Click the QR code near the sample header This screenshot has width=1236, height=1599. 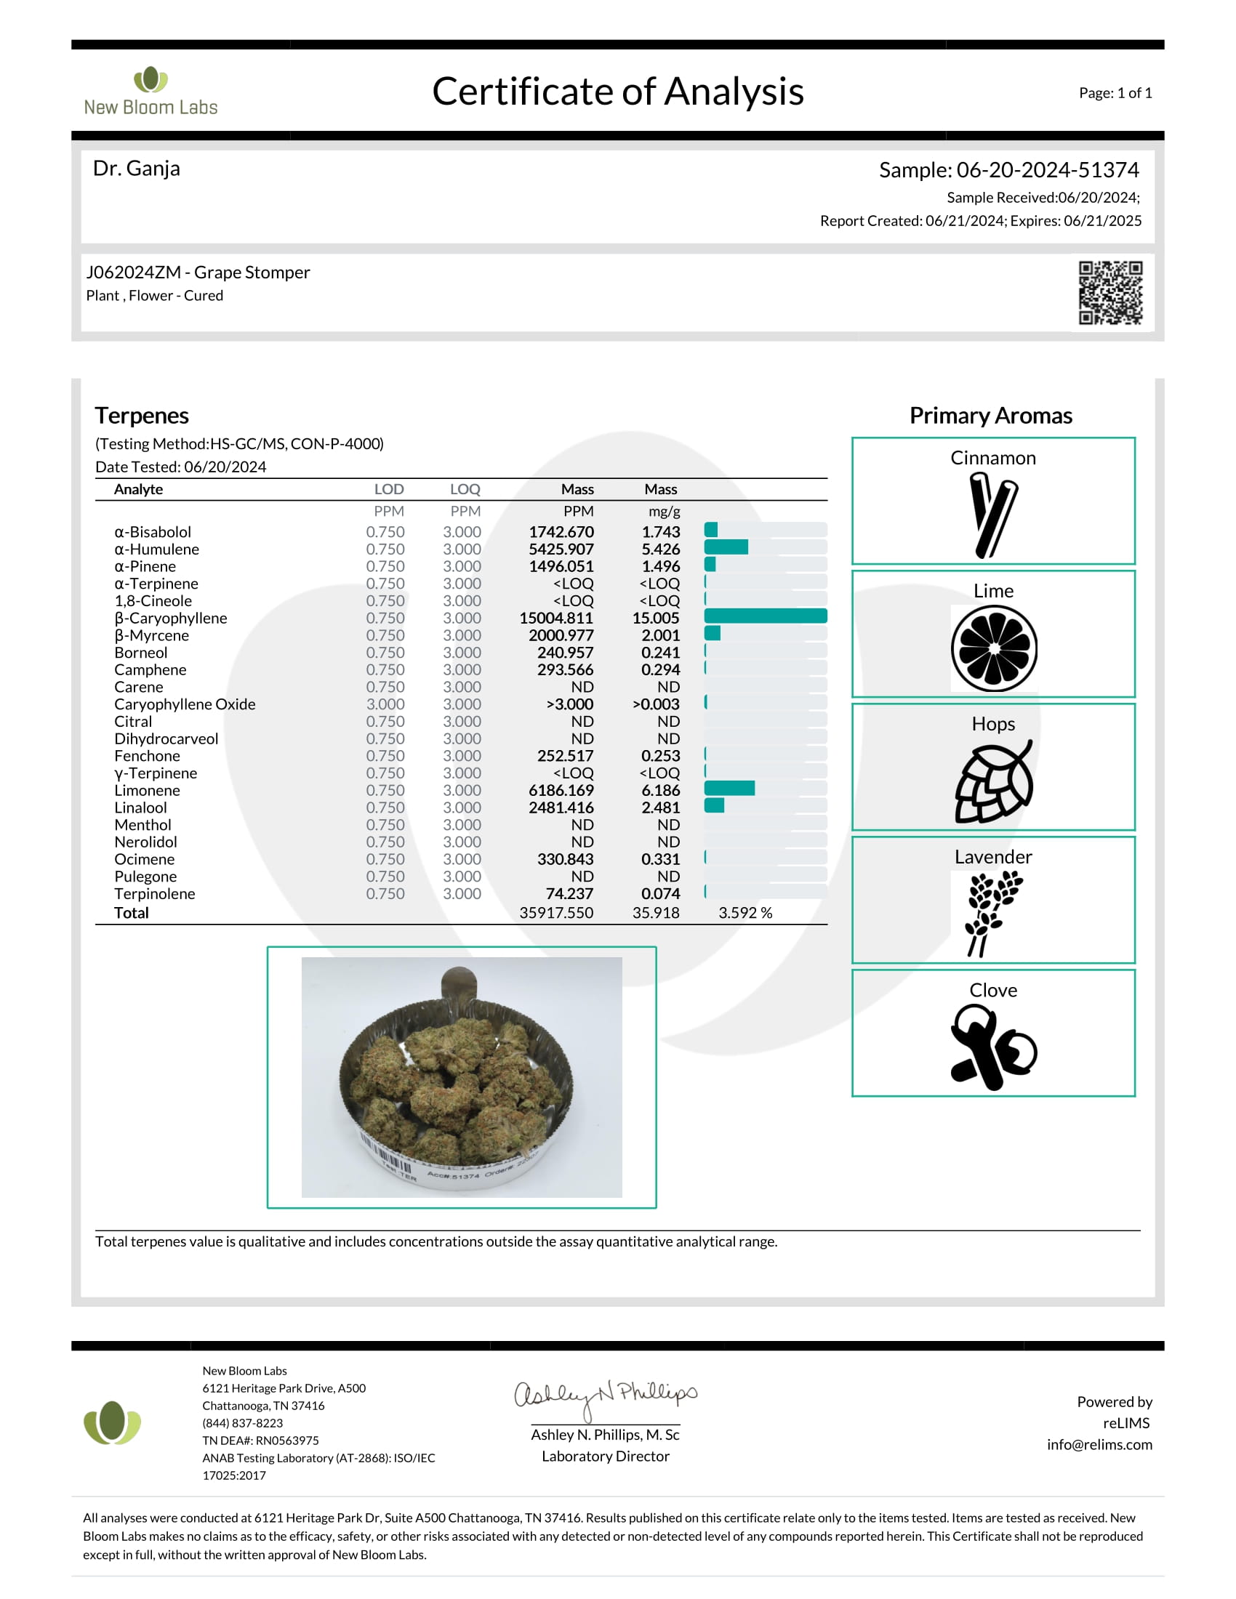[1110, 292]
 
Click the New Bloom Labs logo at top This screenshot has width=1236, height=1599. [151, 92]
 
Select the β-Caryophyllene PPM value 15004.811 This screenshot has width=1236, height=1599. [555, 618]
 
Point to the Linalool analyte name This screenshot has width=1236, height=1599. [140, 807]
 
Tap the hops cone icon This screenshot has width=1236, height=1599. [994, 782]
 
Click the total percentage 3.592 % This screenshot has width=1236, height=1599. [745, 913]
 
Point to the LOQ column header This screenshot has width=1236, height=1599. [465, 489]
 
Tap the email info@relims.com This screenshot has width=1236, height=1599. [1099, 1444]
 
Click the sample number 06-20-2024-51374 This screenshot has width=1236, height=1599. [1047, 170]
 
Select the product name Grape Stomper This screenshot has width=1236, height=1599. [252, 273]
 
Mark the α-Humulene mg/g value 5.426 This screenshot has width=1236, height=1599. [660, 549]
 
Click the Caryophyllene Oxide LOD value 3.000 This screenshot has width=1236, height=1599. [385, 704]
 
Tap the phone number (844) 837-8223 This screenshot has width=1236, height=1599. [242, 1422]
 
